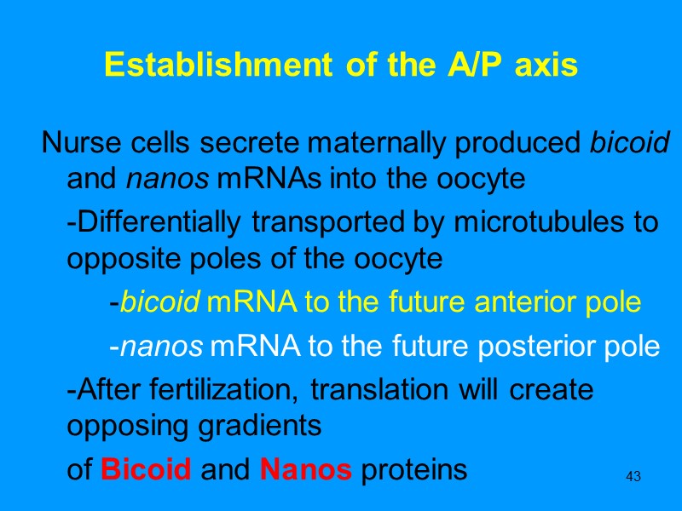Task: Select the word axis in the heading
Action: [x=546, y=66]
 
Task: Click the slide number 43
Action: [x=633, y=475]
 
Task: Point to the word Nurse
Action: [x=74, y=144]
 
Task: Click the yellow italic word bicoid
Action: [x=147, y=302]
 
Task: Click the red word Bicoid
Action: [x=145, y=469]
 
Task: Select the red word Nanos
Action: [x=305, y=469]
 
